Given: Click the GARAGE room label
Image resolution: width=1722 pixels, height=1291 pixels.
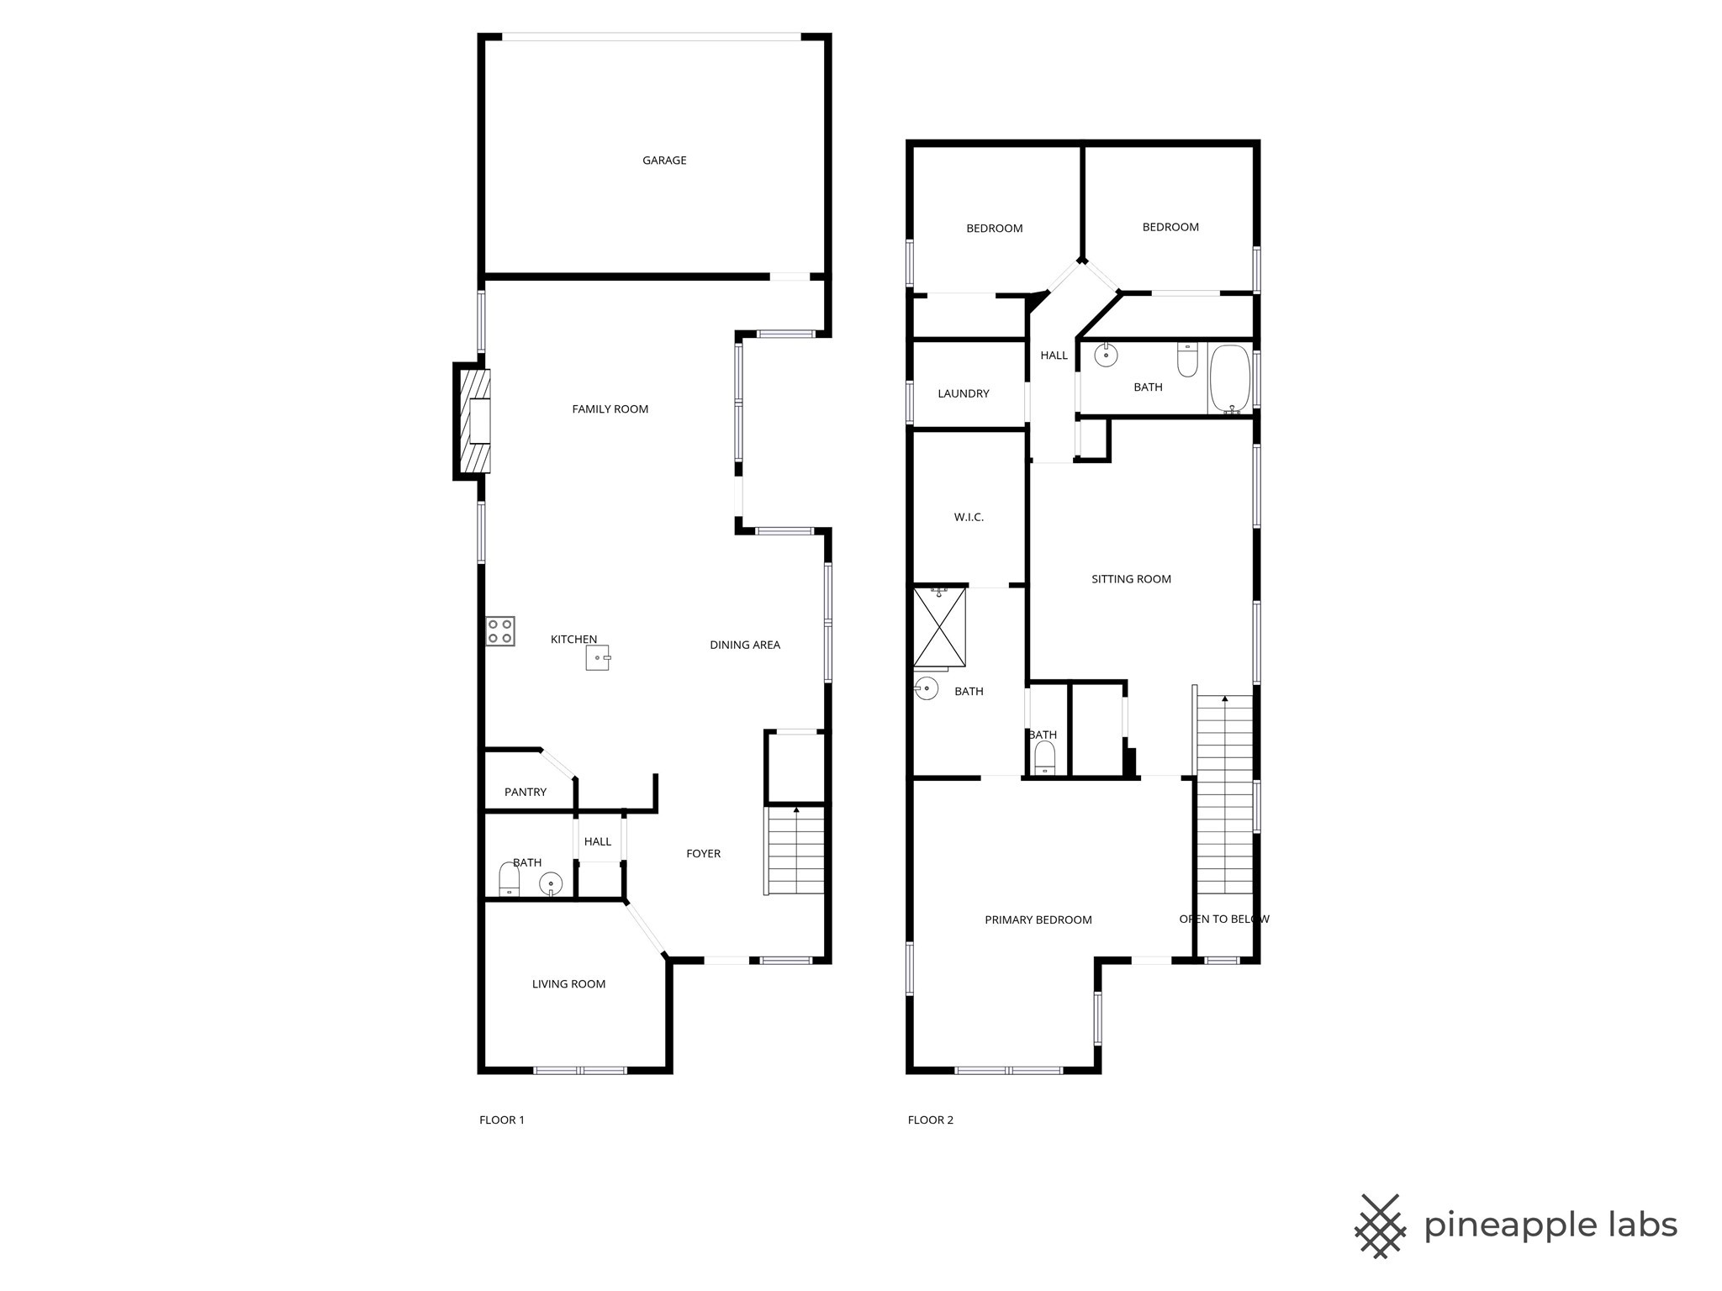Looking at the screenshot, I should point(664,161).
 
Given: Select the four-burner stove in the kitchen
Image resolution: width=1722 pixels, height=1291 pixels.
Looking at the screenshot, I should point(500,631).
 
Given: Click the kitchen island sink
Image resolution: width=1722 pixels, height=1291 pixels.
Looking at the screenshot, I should point(597,657).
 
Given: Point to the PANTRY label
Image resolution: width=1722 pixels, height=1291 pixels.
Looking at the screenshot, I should point(526,792).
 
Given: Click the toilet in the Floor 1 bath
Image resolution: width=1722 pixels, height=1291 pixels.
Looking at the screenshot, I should point(510,880).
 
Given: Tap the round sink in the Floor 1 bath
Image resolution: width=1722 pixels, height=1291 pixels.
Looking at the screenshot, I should point(551,883).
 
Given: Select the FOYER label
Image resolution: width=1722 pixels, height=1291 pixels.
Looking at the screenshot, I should point(703,853).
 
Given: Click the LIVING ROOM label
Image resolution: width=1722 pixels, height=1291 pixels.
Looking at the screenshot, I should point(568,984).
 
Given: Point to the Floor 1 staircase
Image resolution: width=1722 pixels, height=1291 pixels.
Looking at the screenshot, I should point(795,851).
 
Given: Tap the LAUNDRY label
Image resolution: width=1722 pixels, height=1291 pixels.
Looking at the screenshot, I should point(964,393).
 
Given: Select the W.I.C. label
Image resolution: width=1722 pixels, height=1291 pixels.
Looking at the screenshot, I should point(969,517).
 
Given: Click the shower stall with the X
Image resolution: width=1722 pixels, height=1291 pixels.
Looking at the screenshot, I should point(939,627).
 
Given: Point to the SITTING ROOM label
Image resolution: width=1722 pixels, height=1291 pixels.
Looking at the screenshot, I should point(1131,579).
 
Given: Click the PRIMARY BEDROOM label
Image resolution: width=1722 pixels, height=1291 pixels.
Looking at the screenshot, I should point(1038,920).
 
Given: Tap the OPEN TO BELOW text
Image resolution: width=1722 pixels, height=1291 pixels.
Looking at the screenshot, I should point(1224,919).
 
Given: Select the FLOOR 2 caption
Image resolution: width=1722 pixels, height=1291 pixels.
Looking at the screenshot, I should point(931,1120).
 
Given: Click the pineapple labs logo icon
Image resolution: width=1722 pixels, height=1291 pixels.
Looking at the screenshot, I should point(1380,1225).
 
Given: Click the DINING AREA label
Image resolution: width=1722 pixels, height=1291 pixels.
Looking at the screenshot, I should point(745,645).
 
